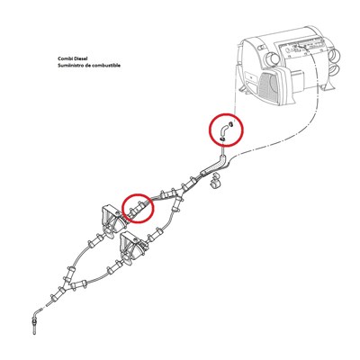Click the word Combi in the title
pyautogui.click(x=65, y=59)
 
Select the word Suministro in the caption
pyautogui.click(x=69, y=65)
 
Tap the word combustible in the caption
pyautogui.click(x=107, y=65)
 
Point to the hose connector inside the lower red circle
pyautogui.click(x=136, y=208)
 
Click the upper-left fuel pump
pyautogui.click(x=112, y=220)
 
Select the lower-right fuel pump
pyautogui.click(x=132, y=246)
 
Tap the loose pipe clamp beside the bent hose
pyautogui.click(x=216, y=182)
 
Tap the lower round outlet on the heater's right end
pyautogui.click(x=337, y=70)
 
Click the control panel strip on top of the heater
pyautogui.click(x=303, y=48)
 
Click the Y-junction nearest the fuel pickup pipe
pyautogui.click(x=73, y=285)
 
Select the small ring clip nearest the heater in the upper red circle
pyautogui.click(x=230, y=123)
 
